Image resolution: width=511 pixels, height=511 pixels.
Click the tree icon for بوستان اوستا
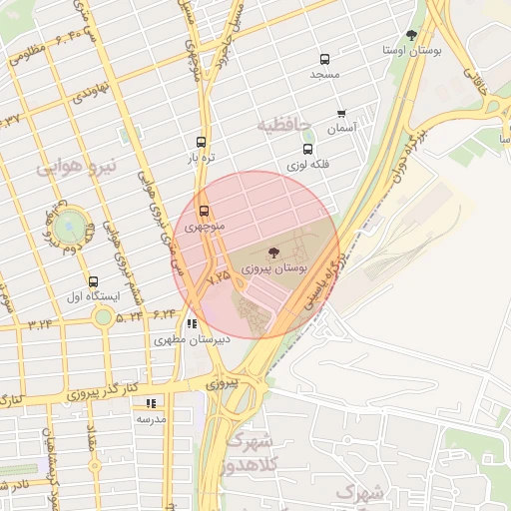(x=411, y=35)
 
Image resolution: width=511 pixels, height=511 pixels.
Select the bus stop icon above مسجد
(x=323, y=60)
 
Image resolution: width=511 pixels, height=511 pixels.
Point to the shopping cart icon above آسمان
(x=342, y=114)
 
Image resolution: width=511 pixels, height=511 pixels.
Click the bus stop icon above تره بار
(x=202, y=142)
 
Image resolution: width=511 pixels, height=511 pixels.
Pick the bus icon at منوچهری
(x=205, y=212)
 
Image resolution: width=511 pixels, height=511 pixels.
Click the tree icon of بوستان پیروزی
(x=273, y=253)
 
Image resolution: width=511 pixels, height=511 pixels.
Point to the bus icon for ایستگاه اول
(x=94, y=282)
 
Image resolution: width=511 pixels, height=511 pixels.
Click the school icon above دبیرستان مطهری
(x=192, y=323)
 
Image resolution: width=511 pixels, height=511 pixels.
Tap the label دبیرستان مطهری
(x=194, y=339)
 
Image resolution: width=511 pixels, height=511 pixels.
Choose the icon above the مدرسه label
(x=152, y=403)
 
